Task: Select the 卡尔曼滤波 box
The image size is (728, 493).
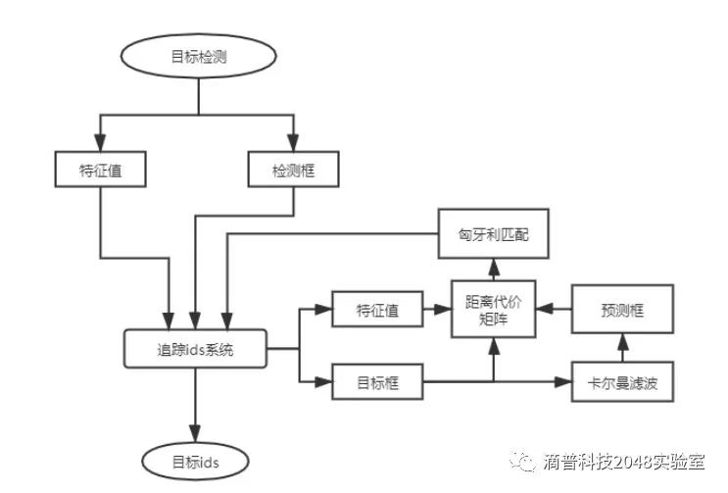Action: (622, 381)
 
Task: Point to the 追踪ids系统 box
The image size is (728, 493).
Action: (195, 349)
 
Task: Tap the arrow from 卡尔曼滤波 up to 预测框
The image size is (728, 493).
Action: (622, 348)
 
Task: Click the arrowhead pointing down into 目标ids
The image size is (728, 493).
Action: (195, 434)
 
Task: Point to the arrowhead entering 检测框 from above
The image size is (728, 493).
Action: (293, 142)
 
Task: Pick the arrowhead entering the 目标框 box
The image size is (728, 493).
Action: (325, 381)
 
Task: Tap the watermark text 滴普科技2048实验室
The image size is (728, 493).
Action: (628, 461)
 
